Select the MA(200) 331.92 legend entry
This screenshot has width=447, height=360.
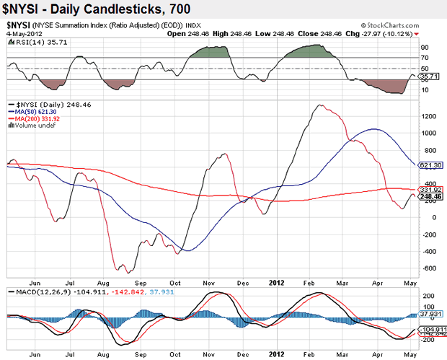click(36, 119)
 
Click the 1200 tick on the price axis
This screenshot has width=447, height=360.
click(428, 115)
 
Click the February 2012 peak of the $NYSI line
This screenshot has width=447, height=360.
click(321, 105)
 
